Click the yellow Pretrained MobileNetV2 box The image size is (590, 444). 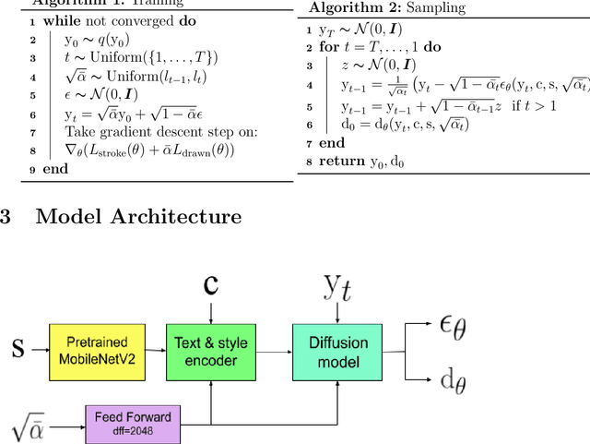[x=97, y=350]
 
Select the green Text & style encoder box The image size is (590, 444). [x=211, y=350]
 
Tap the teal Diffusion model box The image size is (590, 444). [x=336, y=350]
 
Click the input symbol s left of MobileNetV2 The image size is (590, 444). [x=17, y=349]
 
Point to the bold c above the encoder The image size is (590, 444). [x=211, y=285]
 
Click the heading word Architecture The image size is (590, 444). [x=175, y=216]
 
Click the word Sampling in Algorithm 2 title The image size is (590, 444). [x=440, y=8]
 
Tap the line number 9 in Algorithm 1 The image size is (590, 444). [x=6, y=169]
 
